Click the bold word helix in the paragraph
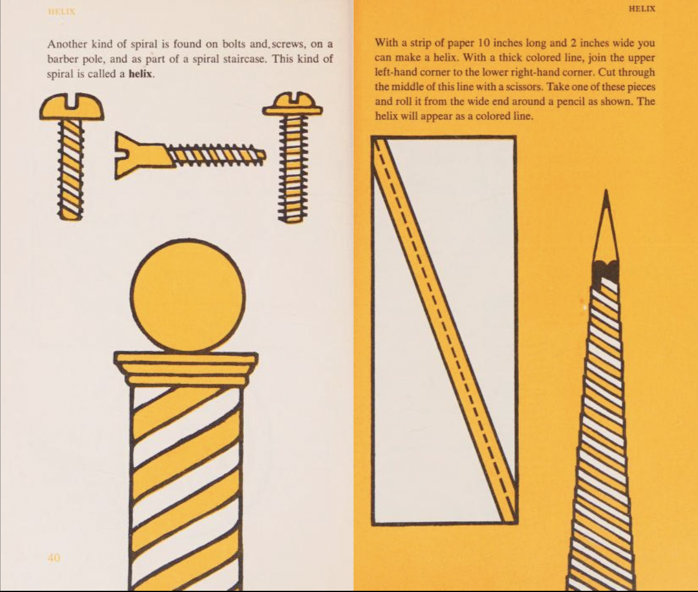(x=141, y=74)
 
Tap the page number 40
(x=53, y=558)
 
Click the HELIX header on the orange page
(x=642, y=8)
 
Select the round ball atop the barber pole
(x=188, y=297)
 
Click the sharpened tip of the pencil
(x=606, y=192)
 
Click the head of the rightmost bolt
(x=293, y=104)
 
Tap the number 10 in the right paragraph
(x=484, y=43)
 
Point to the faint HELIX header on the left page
(x=61, y=12)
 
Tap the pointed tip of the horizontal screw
(x=264, y=155)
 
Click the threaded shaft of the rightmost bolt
(x=293, y=168)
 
